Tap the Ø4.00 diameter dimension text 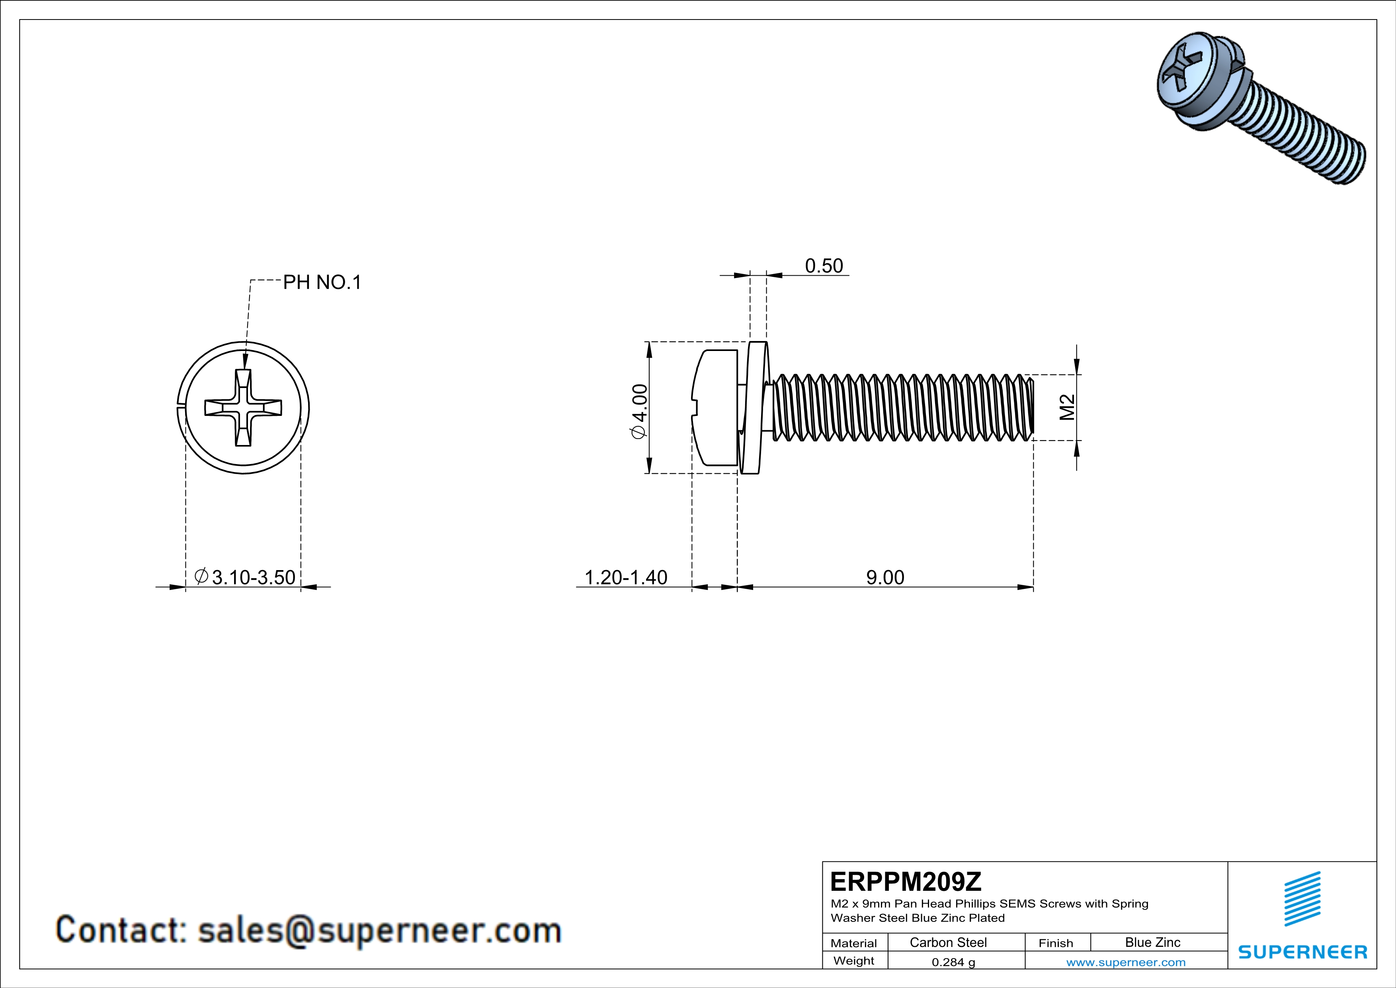(640, 411)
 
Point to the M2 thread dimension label (1067, 407)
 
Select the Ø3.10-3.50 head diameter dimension (245, 577)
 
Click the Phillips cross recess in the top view (243, 408)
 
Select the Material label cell (854, 943)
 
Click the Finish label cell (1056, 943)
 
